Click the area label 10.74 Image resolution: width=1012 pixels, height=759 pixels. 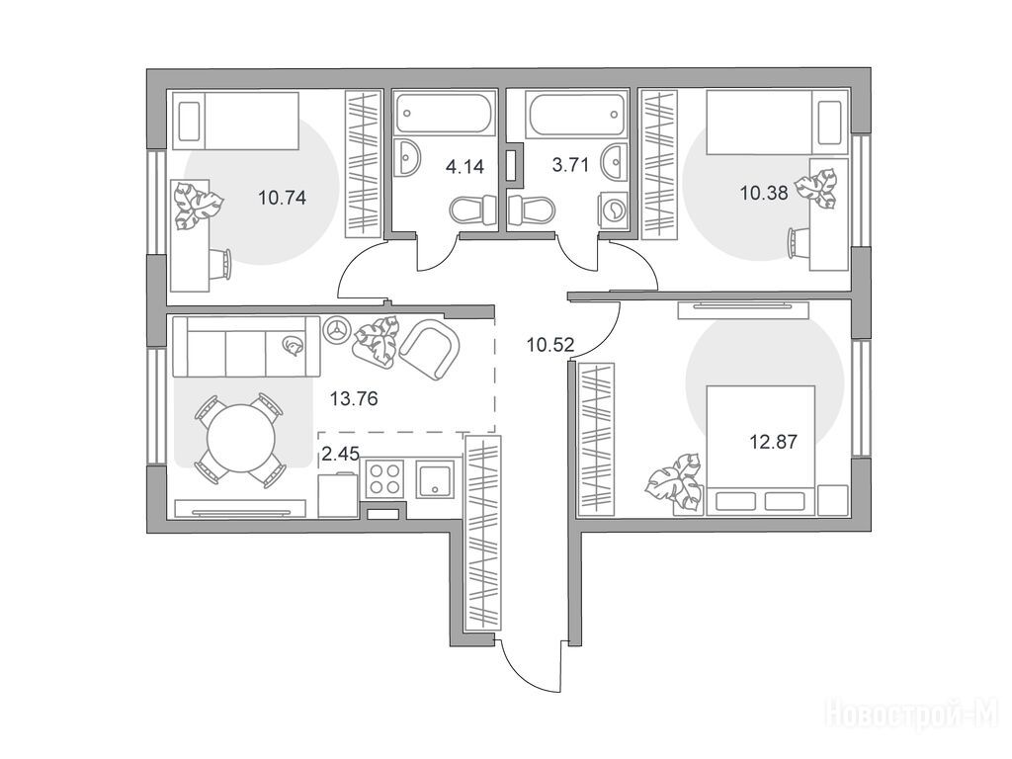click(282, 197)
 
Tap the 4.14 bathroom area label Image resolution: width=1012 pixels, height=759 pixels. click(464, 166)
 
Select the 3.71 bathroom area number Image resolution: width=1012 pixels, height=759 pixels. click(570, 165)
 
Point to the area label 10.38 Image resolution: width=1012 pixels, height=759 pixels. click(764, 193)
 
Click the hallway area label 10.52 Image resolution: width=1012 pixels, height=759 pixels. click(550, 345)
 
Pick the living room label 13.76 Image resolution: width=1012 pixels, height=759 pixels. click(354, 399)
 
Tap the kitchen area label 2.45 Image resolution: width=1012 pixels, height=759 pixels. click(340, 454)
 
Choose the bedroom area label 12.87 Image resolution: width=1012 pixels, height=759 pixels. click(773, 442)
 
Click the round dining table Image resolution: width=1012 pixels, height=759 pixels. click(241, 438)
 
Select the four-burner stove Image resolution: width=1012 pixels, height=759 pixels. click(385, 478)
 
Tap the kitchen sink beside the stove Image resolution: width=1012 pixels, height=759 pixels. click(436, 478)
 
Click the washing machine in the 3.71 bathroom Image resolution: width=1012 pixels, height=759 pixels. click(613, 210)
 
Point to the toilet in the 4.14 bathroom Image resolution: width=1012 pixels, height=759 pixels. click(473, 211)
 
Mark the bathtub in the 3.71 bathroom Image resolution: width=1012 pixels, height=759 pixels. click(576, 115)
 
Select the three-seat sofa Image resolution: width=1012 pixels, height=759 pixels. click(246, 346)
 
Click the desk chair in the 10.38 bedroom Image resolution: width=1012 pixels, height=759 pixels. click(799, 243)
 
